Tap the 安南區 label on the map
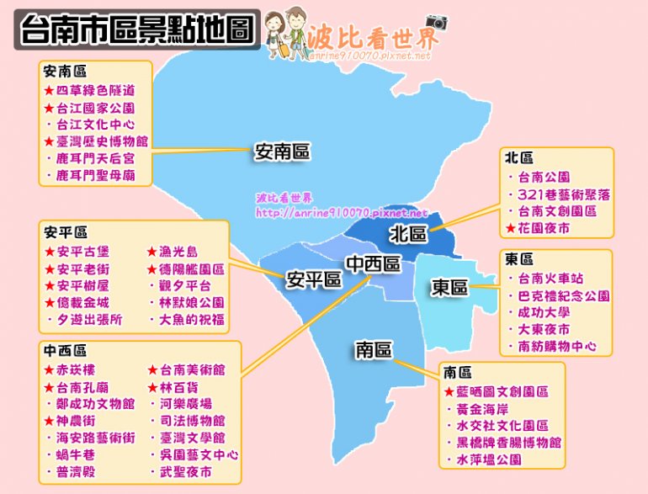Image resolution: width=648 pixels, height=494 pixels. [283, 152]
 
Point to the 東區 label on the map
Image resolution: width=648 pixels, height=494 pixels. [450, 288]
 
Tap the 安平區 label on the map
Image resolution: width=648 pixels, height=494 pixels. [313, 279]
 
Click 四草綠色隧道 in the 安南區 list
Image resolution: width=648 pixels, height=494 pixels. [95, 90]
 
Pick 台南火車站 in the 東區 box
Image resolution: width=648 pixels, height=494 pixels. [551, 279]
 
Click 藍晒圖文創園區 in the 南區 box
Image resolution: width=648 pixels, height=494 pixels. [502, 392]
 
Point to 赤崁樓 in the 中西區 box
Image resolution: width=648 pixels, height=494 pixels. [80, 370]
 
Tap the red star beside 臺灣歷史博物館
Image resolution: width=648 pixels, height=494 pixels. [49, 141]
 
